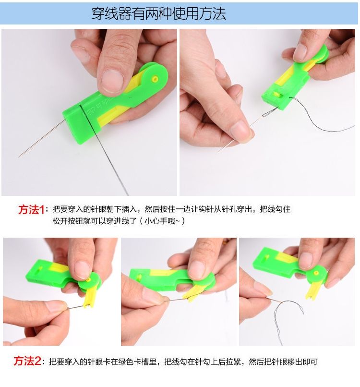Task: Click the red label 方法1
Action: tap(31, 210)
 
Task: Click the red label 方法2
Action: tap(27, 361)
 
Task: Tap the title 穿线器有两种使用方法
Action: tap(159, 13)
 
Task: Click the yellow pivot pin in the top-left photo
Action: tap(155, 79)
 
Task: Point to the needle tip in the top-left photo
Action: tap(19, 157)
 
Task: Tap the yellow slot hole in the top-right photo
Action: tap(276, 94)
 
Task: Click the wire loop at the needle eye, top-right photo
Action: tap(268, 113)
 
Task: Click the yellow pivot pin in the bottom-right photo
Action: tap(316, 273)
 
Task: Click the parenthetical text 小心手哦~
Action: tap(162, 221)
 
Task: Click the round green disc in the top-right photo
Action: tap(321, 54)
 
